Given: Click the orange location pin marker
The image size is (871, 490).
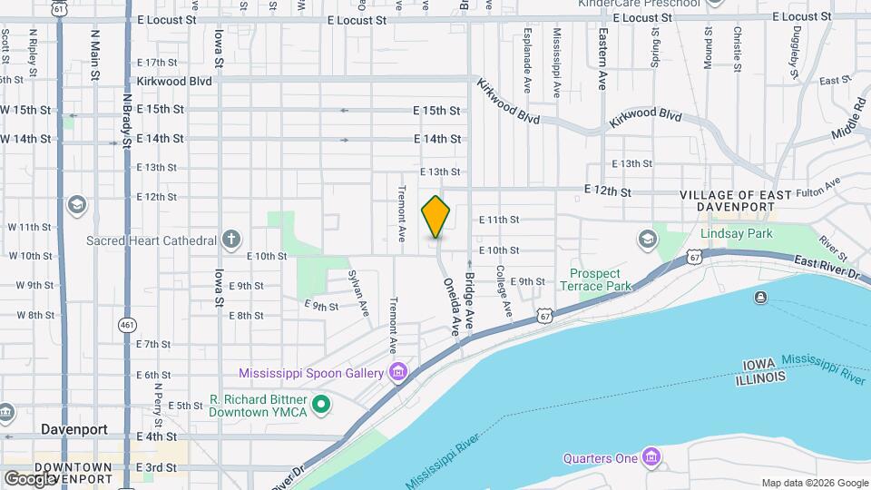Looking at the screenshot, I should click(436, 217).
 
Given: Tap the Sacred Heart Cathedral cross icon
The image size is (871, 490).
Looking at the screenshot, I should click(231, 240).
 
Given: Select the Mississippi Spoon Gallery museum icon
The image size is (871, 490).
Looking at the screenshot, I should click(397, 372).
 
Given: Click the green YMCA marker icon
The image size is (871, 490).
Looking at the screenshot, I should click(320, 405).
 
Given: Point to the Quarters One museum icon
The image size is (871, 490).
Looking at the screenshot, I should click(651, 457).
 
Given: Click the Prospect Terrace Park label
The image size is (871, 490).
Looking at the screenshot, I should click(594, 279).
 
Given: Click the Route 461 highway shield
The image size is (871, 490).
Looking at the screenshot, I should click(127, 323).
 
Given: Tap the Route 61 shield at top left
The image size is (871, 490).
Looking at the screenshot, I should click(59, 7).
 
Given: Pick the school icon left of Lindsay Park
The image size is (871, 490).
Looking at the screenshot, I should click(647, 239).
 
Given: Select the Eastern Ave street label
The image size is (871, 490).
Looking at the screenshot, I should click(601, 57).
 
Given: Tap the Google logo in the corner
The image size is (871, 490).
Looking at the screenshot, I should click(30, 478).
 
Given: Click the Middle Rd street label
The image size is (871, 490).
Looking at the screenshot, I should click(852, 119).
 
